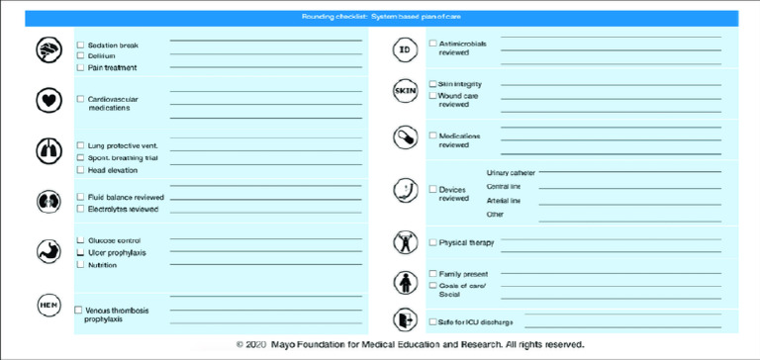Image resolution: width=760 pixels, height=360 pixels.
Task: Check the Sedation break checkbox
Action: click(80, 45)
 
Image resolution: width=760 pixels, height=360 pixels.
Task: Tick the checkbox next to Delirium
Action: click(80, 55)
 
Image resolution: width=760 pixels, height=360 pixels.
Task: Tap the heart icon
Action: click(48, 101)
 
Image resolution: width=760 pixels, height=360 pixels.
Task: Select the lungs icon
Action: click(48, 150)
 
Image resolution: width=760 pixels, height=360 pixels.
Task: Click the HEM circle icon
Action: click(48, 306)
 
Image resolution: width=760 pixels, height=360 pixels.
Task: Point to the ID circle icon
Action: click(405, 49)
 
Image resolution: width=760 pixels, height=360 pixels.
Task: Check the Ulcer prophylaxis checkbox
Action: click(80, 253)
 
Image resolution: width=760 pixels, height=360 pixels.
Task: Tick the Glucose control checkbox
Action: click(80, 240)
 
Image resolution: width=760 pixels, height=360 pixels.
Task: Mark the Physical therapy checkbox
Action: click(432, 242)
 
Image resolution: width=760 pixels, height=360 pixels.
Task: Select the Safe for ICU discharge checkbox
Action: click(432, 321)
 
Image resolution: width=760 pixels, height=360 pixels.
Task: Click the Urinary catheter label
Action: click(511, 173)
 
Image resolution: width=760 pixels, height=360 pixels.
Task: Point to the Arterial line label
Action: click(504, 200)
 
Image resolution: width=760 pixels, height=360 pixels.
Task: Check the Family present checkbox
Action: click(432, 273)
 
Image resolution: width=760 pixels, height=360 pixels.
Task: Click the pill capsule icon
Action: click(405, 137)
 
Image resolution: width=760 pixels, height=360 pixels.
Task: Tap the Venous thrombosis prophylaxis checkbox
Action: click(78, 311)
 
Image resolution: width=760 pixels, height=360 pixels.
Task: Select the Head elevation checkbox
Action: click(80, 169)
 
